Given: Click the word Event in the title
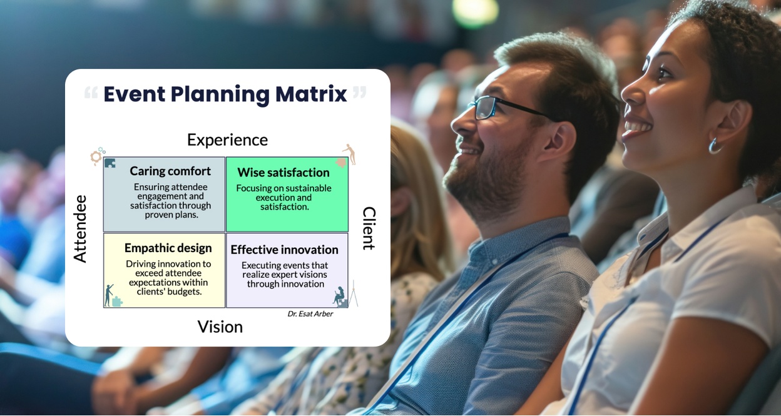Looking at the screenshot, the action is click(x=134, y=94).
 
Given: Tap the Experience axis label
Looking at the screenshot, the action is click(x=227, y=140).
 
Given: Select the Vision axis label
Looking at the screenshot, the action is click(x=220, y=327).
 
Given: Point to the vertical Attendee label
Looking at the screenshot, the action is click(x=80, y=228).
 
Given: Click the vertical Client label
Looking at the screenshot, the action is click(x=369, y=228).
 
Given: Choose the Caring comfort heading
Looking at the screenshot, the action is click(x=170, y=171).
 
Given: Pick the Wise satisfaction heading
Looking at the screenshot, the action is click(x=283, y=173).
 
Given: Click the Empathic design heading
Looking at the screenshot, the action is click(x=168, y=248).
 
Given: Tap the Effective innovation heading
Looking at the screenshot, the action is click(x=284, y=250).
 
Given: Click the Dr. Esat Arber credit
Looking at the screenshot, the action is click(x=310, y=314).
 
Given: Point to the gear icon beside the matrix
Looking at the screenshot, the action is click(x=96, y=157).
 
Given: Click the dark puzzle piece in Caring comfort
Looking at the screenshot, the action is click(x=110, y=163).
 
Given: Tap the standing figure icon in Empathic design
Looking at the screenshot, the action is click(x=109, y=295).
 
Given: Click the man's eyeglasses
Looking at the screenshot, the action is click(x=508, y=108).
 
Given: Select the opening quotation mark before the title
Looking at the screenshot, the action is click(x=91, y=93).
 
